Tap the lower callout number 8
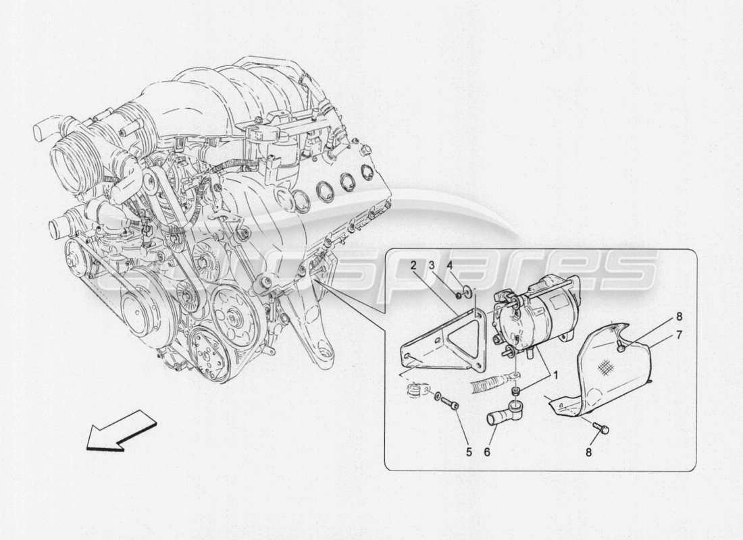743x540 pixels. pyautogui.click(x=588, y=452)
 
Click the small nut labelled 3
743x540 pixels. pyautogui.click(x=459, y=295)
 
